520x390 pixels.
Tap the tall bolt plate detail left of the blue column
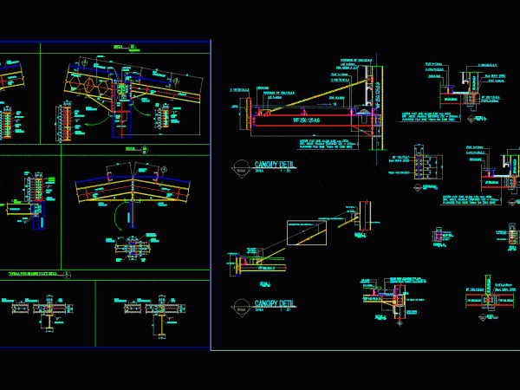point(66,121)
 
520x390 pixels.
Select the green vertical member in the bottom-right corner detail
point(488,286)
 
